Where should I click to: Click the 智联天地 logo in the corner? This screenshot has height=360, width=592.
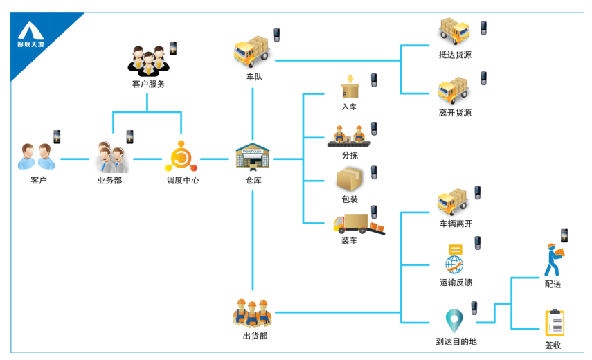pos(30,35)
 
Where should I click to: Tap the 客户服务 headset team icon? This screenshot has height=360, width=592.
pos(148,62)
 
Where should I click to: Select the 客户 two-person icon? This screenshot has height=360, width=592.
pos(35,157)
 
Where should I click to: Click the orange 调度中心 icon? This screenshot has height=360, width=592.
pos(182,156)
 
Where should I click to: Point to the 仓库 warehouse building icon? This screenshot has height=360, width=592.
pos(252,157)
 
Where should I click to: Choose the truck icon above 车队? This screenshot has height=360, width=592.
pos(251,51)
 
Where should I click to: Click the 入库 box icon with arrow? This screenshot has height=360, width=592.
pos(350,88)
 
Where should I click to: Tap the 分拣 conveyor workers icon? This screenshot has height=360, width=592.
pos(349,136)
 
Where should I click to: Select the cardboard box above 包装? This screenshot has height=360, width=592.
pos(350,179)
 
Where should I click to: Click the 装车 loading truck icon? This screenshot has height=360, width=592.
pos(357,224)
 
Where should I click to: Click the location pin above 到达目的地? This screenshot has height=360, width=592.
pos(454,321)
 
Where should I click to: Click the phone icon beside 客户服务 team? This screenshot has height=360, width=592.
pos(173,48)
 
